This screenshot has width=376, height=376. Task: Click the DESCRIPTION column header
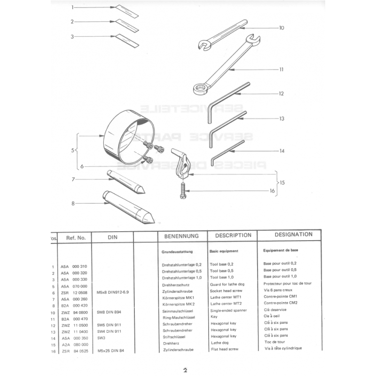233,235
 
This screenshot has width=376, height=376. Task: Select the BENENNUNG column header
181,236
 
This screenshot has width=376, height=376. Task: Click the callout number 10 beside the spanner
282,28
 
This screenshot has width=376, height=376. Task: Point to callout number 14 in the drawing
282,151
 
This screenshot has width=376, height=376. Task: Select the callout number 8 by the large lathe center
73,204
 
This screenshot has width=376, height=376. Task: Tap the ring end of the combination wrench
200,87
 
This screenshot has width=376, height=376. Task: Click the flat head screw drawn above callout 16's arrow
181,192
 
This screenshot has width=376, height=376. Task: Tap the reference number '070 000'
80,286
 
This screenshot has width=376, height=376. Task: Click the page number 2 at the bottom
185,370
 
